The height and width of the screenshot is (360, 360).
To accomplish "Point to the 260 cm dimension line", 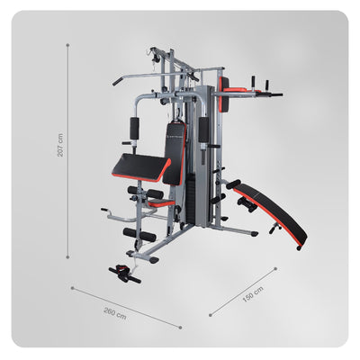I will (x=126, y=307).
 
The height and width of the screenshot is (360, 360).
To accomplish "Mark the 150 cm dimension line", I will (x=243, y=291).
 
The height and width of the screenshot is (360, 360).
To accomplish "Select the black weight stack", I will (x=189, y=198).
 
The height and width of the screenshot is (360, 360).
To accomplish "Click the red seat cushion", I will (x=161, y=203).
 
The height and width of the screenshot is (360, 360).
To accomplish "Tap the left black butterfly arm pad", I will (x=136, y=131).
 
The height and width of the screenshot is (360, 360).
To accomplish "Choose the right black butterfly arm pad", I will (x=203, y=130).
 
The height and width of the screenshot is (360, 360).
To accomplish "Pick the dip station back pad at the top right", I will (x=223, y=95).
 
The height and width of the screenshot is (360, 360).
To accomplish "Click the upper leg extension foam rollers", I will (x=144, y=193).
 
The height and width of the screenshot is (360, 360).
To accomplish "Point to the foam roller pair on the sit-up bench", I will (x=244, y=206).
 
